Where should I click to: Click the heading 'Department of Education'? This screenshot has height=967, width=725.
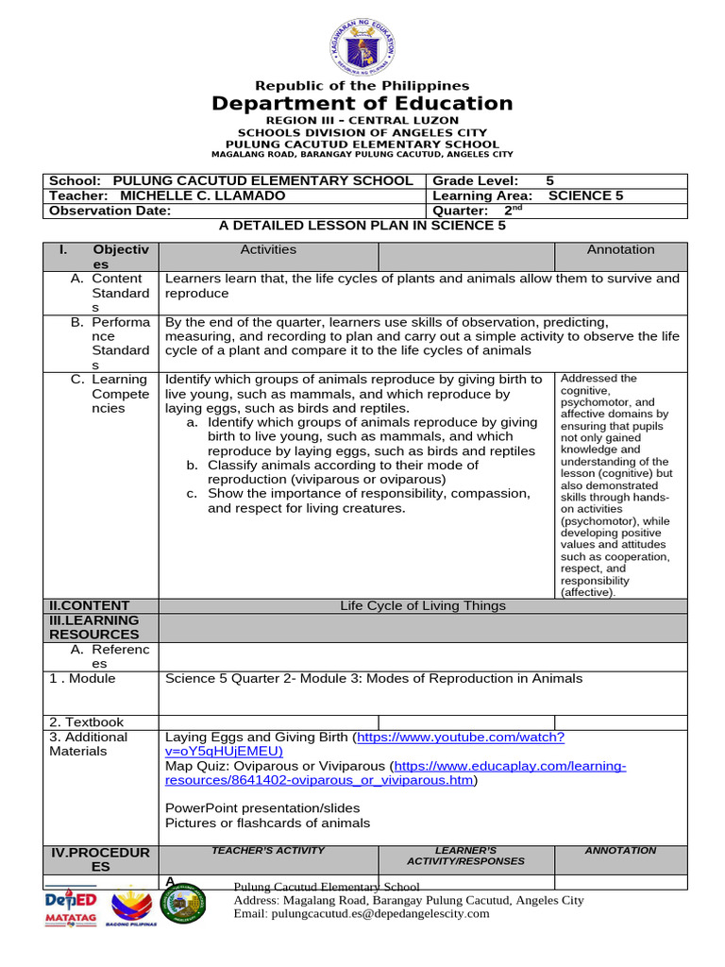click(x=362, y=104)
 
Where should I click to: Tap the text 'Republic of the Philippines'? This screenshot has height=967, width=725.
click(x=362, y=86)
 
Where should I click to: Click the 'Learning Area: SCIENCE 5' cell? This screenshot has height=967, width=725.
click(x=527, y=195)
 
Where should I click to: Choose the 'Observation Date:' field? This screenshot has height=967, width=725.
click(x=110, y=211)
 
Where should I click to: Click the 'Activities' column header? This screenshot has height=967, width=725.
click(x=268, y=249)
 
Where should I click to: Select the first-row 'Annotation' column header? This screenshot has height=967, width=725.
click(x=620, y=249)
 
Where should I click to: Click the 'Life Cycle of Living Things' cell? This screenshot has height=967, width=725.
click(x=423, y=605)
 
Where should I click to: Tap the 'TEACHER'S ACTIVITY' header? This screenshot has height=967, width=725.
click(x=268, y=851)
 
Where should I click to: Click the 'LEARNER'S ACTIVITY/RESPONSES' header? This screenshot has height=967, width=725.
click(x=465, y=856)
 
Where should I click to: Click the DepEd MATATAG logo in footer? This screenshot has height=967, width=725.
click(x=71, y=908)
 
